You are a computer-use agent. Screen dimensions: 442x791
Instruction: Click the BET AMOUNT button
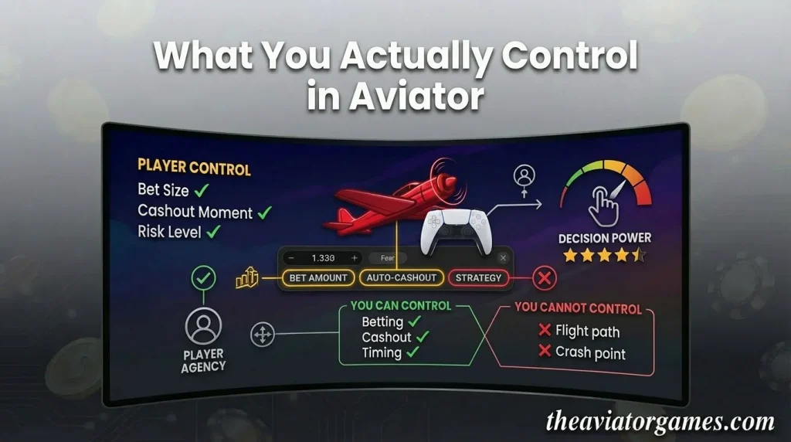[318, 277]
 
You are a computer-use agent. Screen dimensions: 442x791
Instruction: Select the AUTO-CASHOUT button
[401, 277]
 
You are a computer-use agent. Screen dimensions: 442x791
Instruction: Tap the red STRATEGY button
[478, 277]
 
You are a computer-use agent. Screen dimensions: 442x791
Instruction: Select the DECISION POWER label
[605, 238]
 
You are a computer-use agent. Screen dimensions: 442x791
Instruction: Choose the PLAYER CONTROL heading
[194, 168]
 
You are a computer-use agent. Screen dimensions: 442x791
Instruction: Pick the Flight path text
[587, 331]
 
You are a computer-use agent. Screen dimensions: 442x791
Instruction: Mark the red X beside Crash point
[544, 352]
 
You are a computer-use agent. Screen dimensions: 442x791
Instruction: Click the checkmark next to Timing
[413, 352]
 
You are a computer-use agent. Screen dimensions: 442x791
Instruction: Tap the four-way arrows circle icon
[263, 335]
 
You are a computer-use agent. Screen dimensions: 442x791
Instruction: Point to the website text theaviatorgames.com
[660, 422]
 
